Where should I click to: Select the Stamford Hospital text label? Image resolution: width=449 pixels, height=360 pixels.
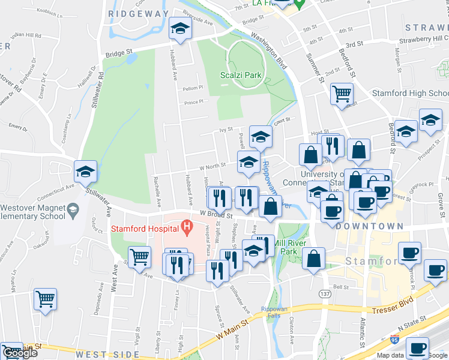[144, 229]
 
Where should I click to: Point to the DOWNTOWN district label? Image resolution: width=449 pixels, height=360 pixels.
[370, 226]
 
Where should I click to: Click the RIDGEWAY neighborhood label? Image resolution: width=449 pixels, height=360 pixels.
[139, 13]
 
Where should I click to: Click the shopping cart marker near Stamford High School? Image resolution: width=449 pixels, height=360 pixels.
[342, 94]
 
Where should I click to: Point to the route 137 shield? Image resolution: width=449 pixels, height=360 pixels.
[325, 294]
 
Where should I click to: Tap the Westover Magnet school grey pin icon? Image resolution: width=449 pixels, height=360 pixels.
[73, 209]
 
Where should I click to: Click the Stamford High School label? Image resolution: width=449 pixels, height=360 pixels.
[410, 94]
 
